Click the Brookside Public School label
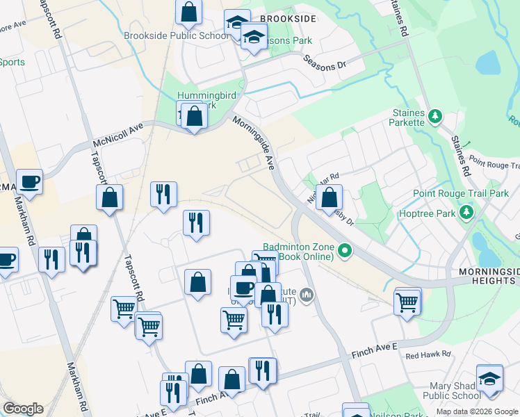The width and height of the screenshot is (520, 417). pos(175,36)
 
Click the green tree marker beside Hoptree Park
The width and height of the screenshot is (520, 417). pos(469,211)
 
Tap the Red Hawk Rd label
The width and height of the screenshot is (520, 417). pos(428,354)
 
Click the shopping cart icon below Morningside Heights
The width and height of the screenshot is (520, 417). pos(407,301)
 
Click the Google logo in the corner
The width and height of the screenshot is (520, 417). pos(23,409)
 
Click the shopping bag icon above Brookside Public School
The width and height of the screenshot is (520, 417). pos(188,12)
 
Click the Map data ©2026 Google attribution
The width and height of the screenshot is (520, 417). pos(477,411)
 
